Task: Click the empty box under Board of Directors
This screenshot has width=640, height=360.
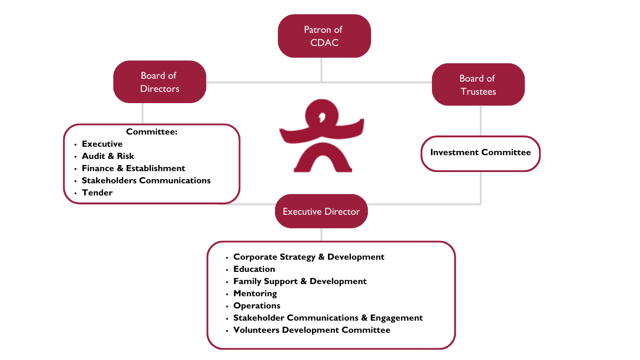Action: tap(152, 164)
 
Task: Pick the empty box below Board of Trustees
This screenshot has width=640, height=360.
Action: tap(481, 154)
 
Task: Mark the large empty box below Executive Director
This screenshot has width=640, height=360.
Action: tap(331, 295)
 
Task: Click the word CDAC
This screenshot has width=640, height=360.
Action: tap(324, 43)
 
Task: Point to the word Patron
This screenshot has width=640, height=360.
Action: tap(316, 30)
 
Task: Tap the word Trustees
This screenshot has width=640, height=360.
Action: tap(478, 91)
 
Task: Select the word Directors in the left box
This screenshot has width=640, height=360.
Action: tap(160, 89)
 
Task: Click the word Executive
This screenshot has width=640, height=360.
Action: tap(300, 211)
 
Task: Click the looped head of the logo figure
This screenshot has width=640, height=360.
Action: tap(321, 115)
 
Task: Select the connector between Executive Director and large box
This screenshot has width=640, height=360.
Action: tap(321, 234)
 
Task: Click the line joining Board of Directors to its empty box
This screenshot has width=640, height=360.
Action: tap(142, 113)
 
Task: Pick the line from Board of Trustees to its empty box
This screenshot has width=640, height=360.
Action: tap(481, 120)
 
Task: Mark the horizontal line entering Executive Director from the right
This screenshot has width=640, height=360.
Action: tap(422, 204)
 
